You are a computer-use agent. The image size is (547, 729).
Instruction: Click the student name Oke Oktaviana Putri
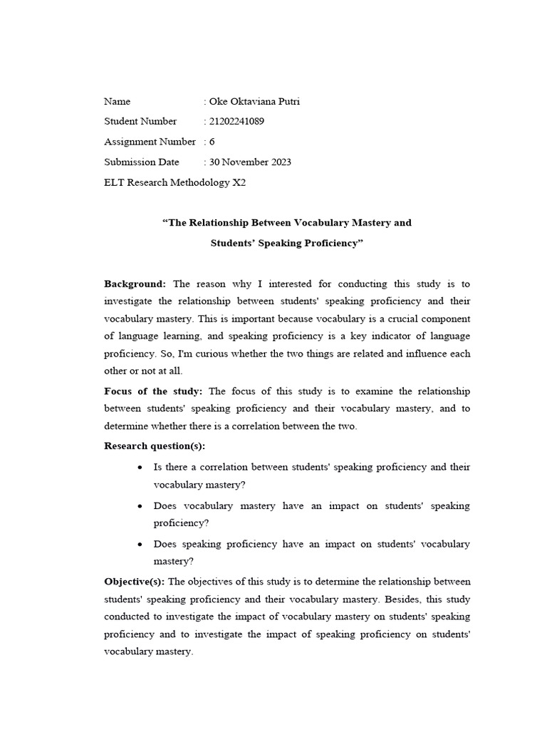point(254,101)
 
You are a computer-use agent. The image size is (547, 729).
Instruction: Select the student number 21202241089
point(236,121)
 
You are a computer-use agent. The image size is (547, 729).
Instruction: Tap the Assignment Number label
point(150,142)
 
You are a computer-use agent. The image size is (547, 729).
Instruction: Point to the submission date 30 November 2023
point(250,162)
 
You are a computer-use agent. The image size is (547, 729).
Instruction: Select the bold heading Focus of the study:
point(154,391)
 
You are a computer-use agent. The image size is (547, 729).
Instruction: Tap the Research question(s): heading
point(155,446)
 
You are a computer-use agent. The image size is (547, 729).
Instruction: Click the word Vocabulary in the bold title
point(311,223)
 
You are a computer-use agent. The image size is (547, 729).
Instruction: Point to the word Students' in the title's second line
point(236,243)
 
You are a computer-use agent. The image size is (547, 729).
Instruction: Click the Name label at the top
point(118,101)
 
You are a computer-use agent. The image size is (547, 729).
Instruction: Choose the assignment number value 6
point(212,142)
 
